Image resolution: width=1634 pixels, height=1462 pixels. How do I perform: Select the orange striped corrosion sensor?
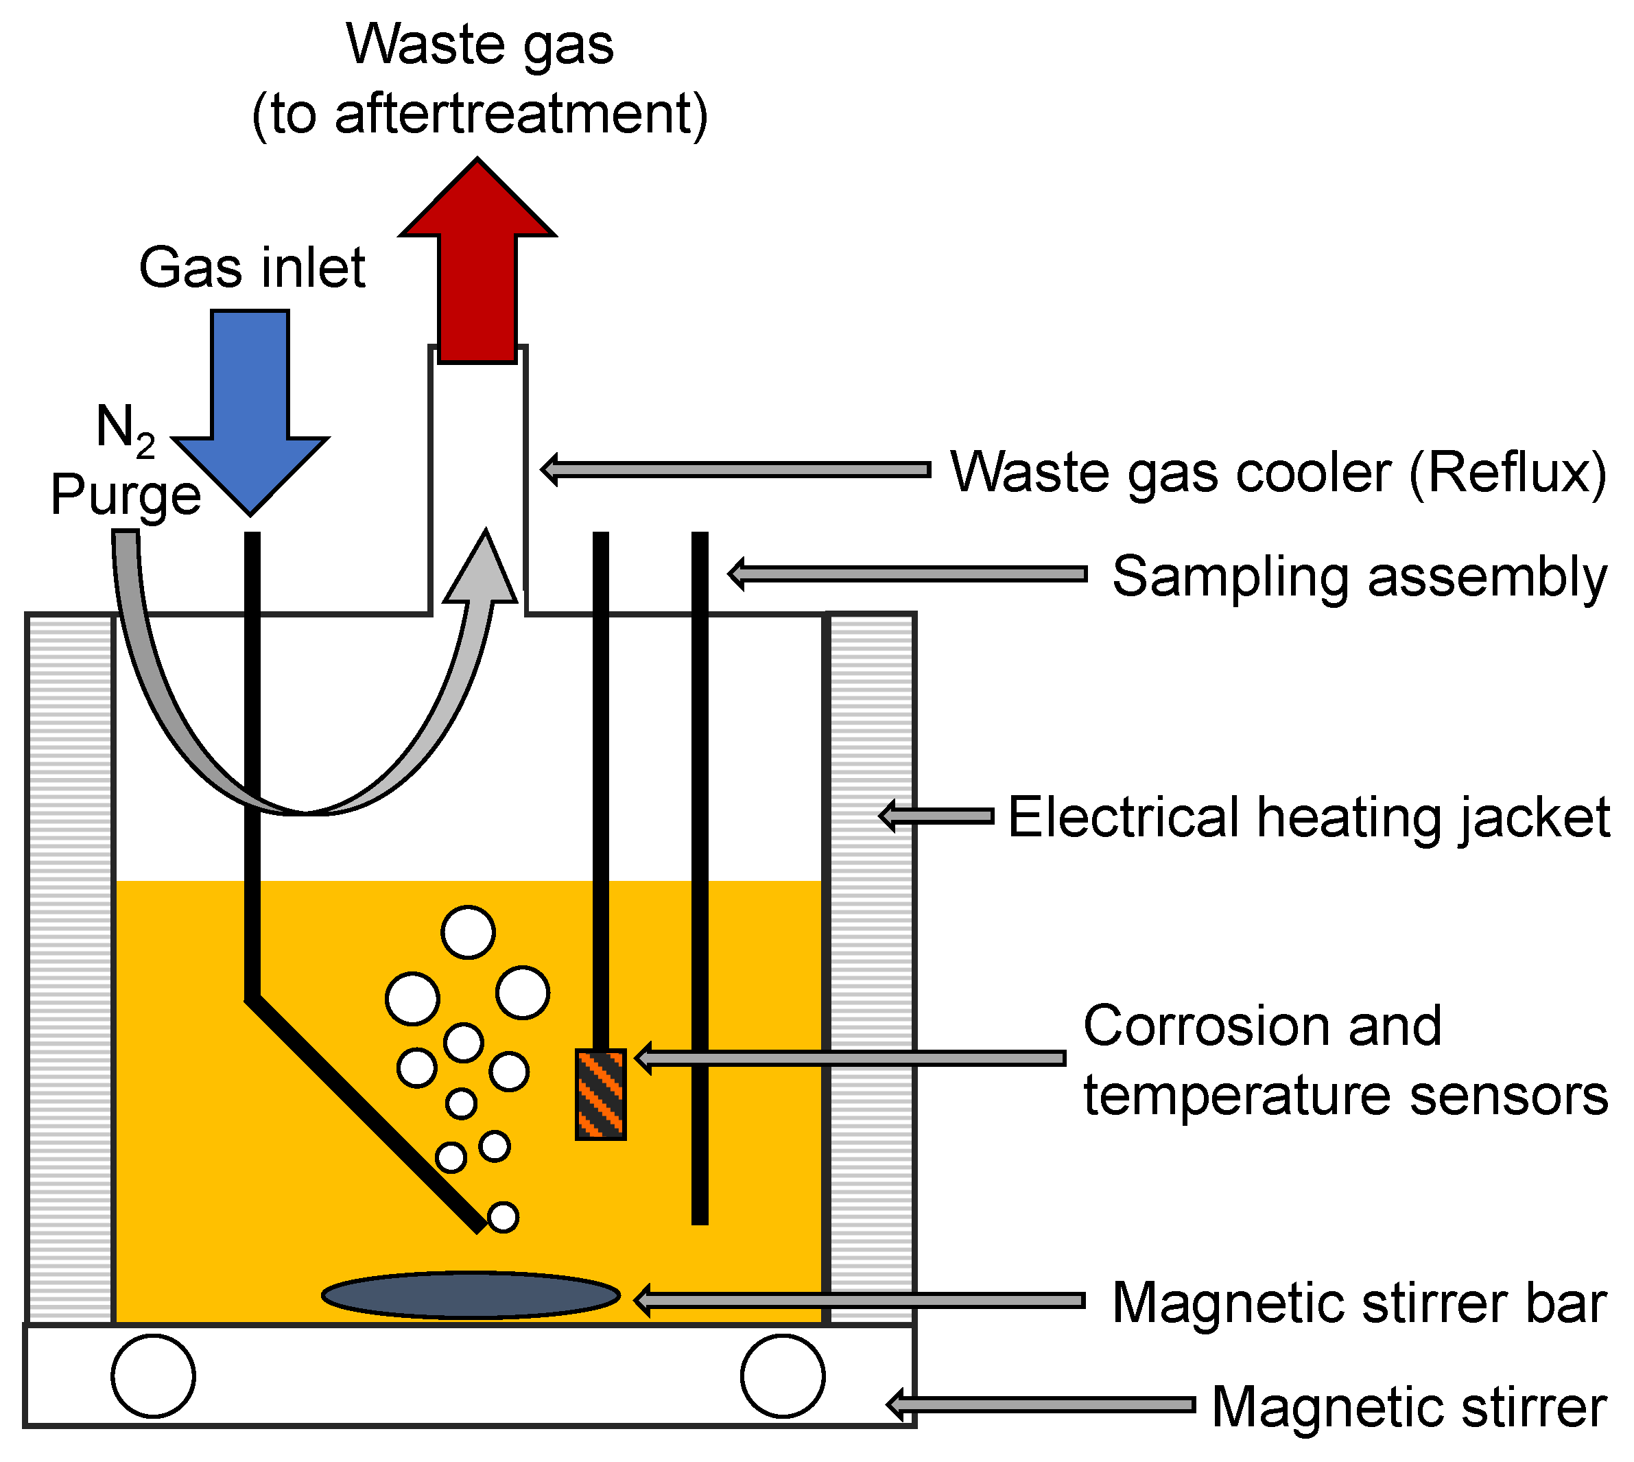click(600, 1094)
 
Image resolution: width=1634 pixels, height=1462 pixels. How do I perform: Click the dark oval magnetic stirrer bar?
click(471, 1295)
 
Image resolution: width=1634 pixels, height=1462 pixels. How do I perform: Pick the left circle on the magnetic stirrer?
click(154, 1376)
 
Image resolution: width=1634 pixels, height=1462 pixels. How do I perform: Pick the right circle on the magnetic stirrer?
click(783, 1376)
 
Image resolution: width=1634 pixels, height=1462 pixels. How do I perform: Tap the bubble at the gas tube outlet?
click(503, 1217)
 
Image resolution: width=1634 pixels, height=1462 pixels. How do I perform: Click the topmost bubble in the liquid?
click(469, 932)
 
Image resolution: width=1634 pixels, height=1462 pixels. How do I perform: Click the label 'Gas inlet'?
click(252, 268)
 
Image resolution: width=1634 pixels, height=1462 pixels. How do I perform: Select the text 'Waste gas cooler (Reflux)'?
click(1278, 472)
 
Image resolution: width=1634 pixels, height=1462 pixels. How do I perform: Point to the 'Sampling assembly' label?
click(1359, 577)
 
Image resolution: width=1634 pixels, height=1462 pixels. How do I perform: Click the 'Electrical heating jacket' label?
click(1309, 818)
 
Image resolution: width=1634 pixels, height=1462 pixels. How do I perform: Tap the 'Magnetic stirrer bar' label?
click(1359, 1302)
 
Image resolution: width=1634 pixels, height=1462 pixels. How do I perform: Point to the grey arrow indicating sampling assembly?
click(907, 574)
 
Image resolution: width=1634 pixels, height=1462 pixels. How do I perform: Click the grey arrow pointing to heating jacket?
click(936, 816)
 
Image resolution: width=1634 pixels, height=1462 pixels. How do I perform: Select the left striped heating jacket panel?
click(70, 968)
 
